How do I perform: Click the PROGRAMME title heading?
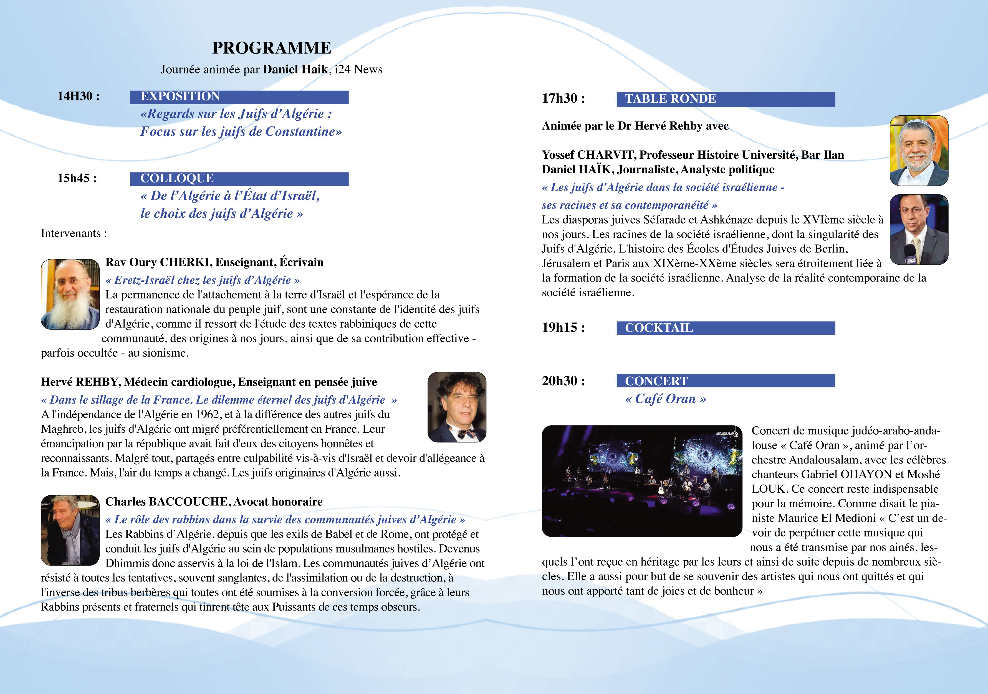(x=272, y=48)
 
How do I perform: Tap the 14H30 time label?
(x=78, y=96)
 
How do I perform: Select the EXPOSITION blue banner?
(x=239, y=97)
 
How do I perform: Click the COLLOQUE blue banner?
(x=239, y=179)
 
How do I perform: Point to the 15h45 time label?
(x=77, y=178)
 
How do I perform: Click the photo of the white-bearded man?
(x=70, y=294)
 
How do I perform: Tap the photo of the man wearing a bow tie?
(x=457, y=407)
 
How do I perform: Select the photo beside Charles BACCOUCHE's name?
(x=70, y=530)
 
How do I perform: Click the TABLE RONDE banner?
(x=726, y=99)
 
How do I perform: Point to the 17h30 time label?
(x=563, y=98)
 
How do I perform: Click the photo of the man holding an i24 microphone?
(x=919, y=229)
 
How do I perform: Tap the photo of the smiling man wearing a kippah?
(x=919, y=151)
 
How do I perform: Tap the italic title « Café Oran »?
(x=665, y=399)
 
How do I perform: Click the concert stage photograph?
(x=641, y=481)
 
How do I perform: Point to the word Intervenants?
(x=70, y=233)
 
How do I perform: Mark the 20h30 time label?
(x=563, y=381)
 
